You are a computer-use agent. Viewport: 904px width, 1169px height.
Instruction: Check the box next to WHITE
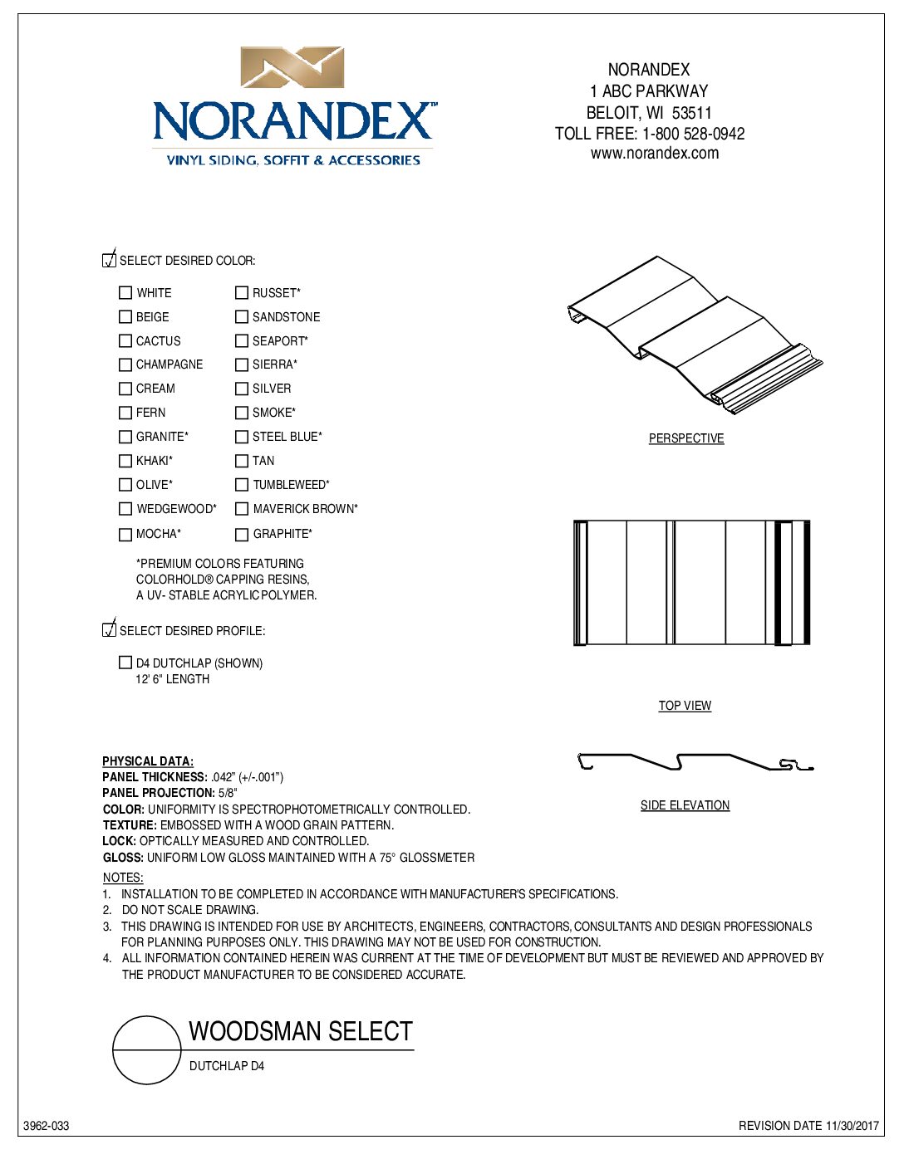125,293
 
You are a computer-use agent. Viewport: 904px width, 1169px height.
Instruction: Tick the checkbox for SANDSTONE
242,317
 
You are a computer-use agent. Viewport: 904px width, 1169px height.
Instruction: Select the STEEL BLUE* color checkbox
242,437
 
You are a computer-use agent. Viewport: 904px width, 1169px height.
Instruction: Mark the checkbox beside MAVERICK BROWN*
242,509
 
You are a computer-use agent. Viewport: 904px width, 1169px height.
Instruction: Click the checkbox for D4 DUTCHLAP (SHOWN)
125,663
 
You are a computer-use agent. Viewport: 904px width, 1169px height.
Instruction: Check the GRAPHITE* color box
242,535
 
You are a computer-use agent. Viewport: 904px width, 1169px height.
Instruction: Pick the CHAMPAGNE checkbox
125,364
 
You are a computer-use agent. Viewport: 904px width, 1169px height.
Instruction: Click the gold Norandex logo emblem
292,67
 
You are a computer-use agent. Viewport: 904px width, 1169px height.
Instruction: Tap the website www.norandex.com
655,154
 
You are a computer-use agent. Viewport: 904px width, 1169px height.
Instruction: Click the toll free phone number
693,134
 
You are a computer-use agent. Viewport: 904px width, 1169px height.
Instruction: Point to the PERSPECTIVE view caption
686,438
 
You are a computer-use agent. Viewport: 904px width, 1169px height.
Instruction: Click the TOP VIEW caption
685,706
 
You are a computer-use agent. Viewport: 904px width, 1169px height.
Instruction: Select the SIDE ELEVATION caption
685,805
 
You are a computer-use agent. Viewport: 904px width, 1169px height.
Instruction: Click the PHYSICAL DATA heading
148,761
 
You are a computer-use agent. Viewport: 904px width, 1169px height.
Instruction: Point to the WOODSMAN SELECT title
301,1032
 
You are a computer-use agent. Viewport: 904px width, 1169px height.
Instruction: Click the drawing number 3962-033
47,1127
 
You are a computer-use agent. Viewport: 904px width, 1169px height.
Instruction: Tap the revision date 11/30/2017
852,1127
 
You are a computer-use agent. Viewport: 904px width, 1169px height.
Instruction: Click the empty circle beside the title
147,1050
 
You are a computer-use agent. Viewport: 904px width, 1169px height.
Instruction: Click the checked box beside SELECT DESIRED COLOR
109,260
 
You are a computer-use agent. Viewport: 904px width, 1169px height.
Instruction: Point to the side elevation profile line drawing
694,761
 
